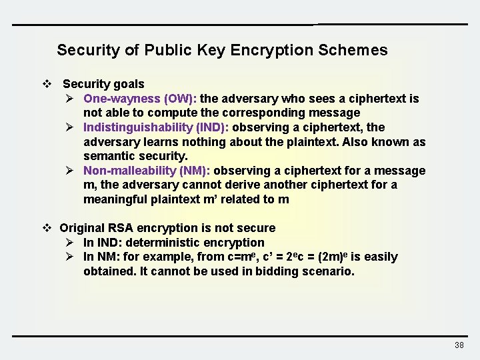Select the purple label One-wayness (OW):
(x=145, y=99)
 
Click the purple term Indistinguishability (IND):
(x=156, y=127)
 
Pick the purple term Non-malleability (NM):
(x=147, y=171)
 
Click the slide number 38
(x=459, y=345)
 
